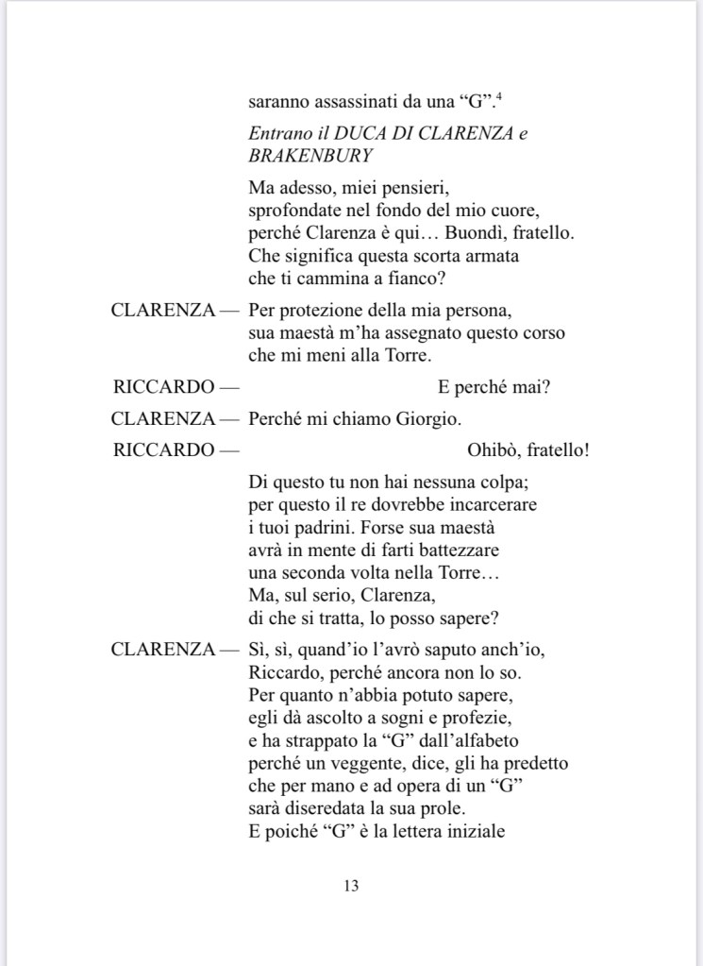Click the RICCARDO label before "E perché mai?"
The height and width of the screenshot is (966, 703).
163,386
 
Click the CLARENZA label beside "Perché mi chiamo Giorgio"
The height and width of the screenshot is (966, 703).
162,418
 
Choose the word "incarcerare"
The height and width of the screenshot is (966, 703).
491,505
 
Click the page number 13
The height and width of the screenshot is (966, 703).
351,887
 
